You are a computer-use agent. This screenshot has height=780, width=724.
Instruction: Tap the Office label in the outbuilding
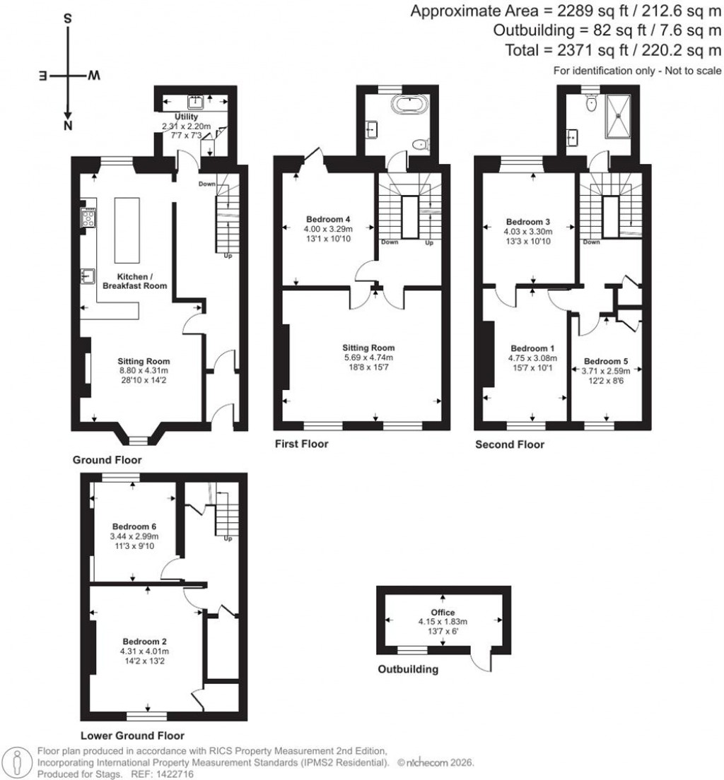[443, 612]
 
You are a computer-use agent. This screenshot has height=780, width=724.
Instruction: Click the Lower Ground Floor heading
[132, 735]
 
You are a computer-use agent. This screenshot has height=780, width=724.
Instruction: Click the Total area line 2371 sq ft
[613, 50]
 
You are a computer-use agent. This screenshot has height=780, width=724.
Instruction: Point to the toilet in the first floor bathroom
[421, 145]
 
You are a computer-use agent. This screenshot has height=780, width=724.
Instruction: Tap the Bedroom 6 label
[134, 527]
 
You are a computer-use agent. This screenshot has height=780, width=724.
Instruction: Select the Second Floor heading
[509, 444]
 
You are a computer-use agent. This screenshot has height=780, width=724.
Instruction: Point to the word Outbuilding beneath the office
[407, 669]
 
